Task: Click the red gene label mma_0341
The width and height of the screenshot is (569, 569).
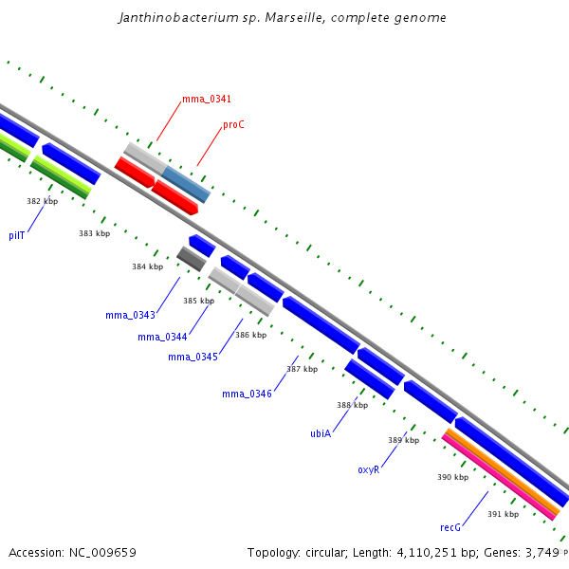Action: pyautogui.click(x=206, y=99)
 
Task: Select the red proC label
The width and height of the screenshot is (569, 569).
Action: pyautogui.click(x=233, y=124)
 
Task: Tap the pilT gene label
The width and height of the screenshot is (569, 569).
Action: pyautogui.click(x=17, y=235)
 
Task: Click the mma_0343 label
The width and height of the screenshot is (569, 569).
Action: pyautogui.click(x=129, y=315)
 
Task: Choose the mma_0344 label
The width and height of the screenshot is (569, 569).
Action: pyautogui.click(x=161, y=337)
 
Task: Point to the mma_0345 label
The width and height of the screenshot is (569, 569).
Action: pyautogui.click(x=193, y=357)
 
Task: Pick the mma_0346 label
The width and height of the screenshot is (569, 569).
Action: pyautogui.click(x=247, y=394)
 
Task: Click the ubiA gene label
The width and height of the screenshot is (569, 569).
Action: pyautogui.click(x=321, y=433)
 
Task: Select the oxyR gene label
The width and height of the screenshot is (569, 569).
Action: pyautogui.click(x=368, y=469)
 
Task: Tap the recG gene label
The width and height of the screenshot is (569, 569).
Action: pyautogui.click(x=450, y=526)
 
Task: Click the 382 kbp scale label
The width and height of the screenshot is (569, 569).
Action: pyautogui.click(x=42, y=201)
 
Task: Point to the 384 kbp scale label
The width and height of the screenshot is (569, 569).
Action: pyautogui.click(x=147, y=266)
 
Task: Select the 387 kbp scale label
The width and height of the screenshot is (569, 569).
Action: pyautogui.click(x=302, y=369)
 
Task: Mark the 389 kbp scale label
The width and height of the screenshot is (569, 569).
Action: pyautogui.click(x=403, y=440)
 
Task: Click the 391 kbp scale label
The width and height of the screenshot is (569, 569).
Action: pyautogui.click(x=503, y=514)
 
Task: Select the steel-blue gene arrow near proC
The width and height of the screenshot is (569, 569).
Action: pyautogui.click(x=186, y=184)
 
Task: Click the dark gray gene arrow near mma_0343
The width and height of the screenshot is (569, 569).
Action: pyautogui.click(x=192, y=257)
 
